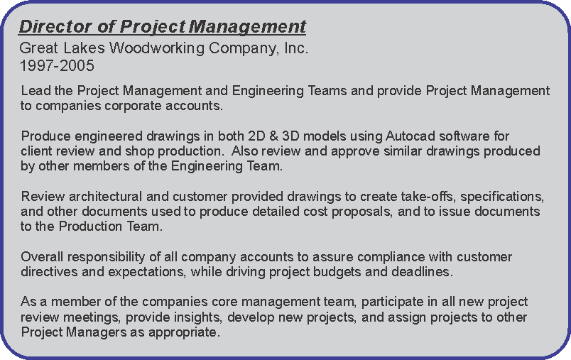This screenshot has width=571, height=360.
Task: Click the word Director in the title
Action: click(55, 26)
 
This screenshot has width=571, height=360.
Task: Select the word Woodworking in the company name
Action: click(156, 48)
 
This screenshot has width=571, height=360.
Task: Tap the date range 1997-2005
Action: click(57, 66)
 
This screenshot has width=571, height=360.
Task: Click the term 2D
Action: click(256, 136)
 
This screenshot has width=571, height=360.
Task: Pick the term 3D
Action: click(290, 136)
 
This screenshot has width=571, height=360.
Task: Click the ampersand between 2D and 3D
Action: click(273, 136)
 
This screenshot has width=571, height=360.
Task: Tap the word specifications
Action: click(502, 197)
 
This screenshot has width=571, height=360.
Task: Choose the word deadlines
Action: click(423, 272)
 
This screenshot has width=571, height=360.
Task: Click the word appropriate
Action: click(184, 333)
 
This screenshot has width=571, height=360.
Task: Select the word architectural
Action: click(105, 197)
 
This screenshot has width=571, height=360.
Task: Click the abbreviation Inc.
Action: click(296, 48)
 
